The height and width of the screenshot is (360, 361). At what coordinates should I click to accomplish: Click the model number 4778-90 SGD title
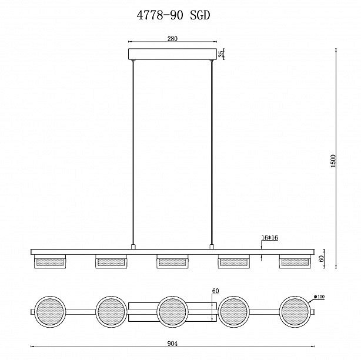coord(173,15)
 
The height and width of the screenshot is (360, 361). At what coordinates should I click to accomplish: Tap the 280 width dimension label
coord(172,39)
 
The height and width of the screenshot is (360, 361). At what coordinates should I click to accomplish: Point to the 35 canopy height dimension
coord(221,54)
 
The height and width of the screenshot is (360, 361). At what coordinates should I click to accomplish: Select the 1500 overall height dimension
coord(333,161)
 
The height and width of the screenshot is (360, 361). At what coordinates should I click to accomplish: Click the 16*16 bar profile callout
coord(270,238)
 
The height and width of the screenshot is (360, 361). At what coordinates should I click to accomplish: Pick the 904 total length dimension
coord(172,344)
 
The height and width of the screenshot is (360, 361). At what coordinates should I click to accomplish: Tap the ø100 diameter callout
coord(319,297)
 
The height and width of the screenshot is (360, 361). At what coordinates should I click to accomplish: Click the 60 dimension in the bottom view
coord(216,291)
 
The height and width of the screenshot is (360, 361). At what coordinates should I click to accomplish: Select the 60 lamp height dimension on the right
coord(322,258)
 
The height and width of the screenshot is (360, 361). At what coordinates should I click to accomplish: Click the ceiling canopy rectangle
coord(172,54)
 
